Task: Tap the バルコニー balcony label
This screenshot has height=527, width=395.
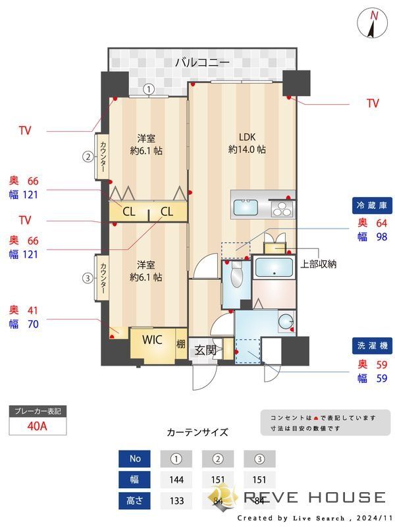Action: coord(202,63)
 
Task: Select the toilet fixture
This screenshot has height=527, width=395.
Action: coord(236,276)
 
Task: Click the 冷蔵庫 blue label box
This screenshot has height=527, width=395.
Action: coord(371,206)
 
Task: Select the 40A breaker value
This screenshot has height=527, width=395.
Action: coord(38,426)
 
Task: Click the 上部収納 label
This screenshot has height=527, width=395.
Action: coord(319,264)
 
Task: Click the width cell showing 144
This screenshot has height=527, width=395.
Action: coord(175,479)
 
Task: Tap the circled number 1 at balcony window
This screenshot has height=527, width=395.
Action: coord(149,89)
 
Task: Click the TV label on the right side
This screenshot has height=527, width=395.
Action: coord(373,103)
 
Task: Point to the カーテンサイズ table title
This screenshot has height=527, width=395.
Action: coord(197,432)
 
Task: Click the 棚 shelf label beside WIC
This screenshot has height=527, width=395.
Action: coord(181,343)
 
